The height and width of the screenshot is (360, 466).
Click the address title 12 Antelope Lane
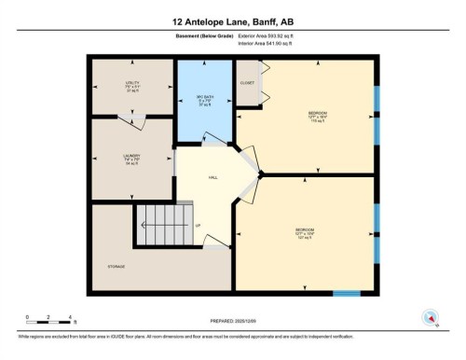tap(233, 21)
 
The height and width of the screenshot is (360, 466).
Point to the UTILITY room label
tap(131, 84)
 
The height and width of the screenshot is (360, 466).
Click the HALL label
tap(212, 176)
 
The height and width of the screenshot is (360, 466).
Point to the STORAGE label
tap(116, 267)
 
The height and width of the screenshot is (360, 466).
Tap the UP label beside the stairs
tap(197, 225)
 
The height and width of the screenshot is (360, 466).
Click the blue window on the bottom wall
tap(347, 293)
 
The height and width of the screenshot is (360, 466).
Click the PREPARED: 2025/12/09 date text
tap(233, 321)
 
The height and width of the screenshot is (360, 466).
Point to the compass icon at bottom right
tap(430, 316)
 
